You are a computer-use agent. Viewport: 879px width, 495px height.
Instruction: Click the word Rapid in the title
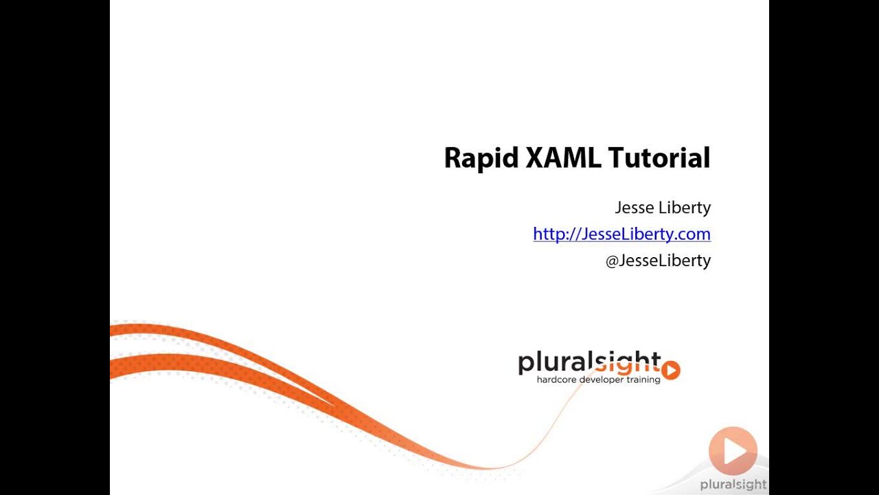[x=480, y=159]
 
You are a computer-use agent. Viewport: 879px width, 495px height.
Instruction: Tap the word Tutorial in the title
[x=659, y=157]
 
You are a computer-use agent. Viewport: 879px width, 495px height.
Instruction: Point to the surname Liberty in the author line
[x=684, y=208]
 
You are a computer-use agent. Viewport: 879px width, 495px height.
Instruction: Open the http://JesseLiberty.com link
[x=621, y=234]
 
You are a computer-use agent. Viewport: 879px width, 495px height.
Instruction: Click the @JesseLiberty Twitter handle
[x=658, y=261]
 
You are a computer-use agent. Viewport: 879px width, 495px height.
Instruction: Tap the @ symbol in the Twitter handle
[x=613, y=261]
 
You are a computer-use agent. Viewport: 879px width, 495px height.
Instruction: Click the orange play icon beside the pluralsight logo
[x=671, y=371]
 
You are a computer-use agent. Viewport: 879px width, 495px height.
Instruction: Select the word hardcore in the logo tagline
[x=557, y=379]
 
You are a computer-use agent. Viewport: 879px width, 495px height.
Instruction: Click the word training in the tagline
[x=644, y=379]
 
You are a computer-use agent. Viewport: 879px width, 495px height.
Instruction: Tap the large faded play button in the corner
[x=733, y=451]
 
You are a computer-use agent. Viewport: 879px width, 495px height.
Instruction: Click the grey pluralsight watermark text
[x=733, y=485]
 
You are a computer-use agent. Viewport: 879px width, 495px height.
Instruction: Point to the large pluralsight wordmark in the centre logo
[x=589, y=362]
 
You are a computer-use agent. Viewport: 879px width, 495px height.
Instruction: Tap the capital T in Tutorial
[x=615, y=157]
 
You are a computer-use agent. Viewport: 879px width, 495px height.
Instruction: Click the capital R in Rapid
[x=453, y=157]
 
